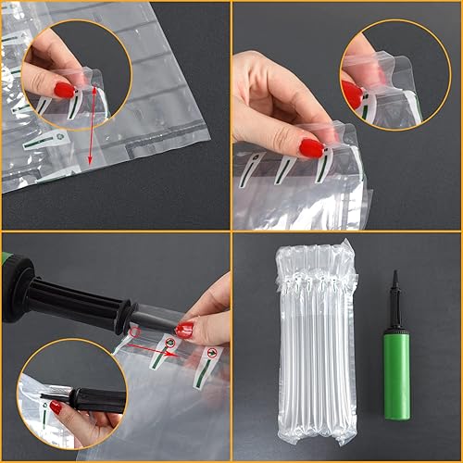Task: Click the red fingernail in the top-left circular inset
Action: pyautogui.click(x=64, y=89)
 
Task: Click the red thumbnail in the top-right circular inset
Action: pyautogui.click(x=352, y=94)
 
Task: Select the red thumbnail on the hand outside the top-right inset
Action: pyautogui.click(x=311, y=147)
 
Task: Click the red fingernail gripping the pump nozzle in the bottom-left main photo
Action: pyautogui.click(x=185, y=330)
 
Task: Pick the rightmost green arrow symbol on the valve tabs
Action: pyautogui.click(x=213, y=353)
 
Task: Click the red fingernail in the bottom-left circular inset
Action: pyautogui.click(x=56, y=407)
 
